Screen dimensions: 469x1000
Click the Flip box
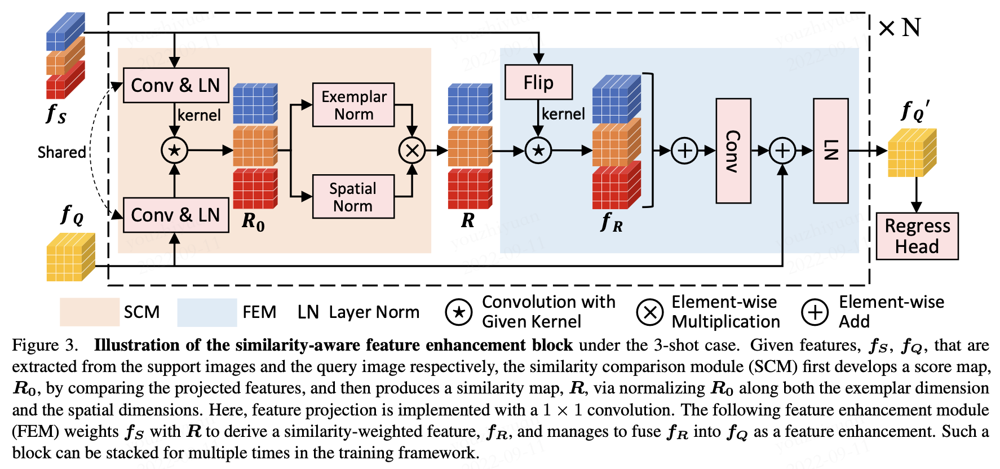pyautogui.click(x=538, y=82)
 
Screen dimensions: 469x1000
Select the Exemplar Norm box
pyautogui.click(x=353, y=105)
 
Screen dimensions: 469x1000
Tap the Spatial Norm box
pyautogui.click(x=353, y=197)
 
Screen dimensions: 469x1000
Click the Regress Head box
pyautogui.click(x=917, y=236)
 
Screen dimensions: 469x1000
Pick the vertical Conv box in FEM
pyautogui.click(x=733, y=151)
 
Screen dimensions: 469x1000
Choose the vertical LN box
pyautogui.click(x=830, y=151)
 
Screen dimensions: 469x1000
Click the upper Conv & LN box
pyautogui.click(x=175, y=85)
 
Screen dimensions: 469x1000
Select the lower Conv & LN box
pyautogui.click(x=175, y=215)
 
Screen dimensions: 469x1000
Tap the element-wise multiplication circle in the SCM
pyautogui.click(x=412, y=151)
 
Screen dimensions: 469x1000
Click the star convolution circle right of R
pyautogui.click(x=538, y=151)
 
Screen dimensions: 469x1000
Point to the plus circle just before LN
pyautogui.click(x=782, y=151)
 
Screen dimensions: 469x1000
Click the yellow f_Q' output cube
pyautogui.click(x=911, y=153)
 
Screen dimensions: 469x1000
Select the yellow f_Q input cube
pyautogui.click(x=70, y=257)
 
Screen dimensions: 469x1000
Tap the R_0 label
pyautogui.click(x=253, y=222)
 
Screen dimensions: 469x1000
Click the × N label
pyautogui.click(x=900, y=28)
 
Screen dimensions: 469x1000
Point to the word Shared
pyautogui.click(x=61, y=152)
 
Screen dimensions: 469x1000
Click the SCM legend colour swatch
pyautogui.click(x=90, y=312)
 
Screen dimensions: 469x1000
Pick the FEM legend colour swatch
pyautogui.click(x=207, y=312)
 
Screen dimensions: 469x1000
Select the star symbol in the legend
pyautogui.click(x=459, y=312)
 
